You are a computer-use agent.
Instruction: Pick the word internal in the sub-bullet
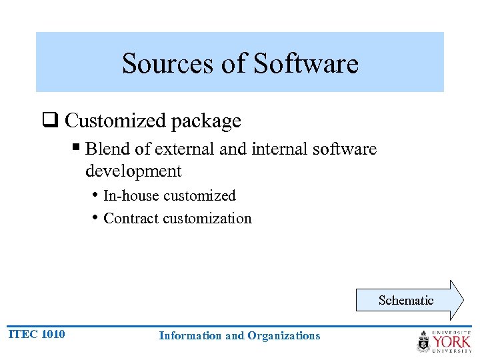pos(275,149)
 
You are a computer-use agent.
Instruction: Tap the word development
pos(133,171)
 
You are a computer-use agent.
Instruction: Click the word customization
pos(207,219)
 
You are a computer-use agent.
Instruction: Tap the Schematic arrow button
pos(406,301)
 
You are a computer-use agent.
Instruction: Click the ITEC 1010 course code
pos(37,334)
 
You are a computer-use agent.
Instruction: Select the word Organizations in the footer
pos(284,335)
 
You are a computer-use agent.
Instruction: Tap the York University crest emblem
pos(424,341)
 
